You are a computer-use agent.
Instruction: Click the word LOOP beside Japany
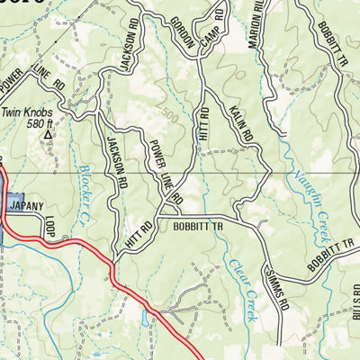(x=49, y=226)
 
